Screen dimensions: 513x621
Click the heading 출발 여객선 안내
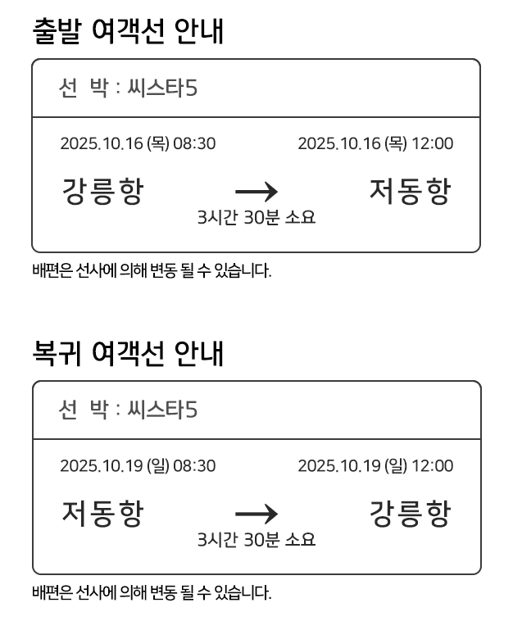click(x=128, y=31)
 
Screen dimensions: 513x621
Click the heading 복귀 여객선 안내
click(x=128, y=353)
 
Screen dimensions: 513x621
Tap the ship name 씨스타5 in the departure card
click(x=162, y=88)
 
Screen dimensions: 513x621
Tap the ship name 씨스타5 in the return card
click(x=162, y=410)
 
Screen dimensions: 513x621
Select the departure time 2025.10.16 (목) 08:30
click(x=138, y=143)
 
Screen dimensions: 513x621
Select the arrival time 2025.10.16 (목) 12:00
click(x=375, y=143)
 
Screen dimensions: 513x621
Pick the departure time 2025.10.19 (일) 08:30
click(x=138, y=465)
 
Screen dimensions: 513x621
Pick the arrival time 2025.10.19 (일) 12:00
click(x=375, y=465)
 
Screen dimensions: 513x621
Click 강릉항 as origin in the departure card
click(x=102, y=191)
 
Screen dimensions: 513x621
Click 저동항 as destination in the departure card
click(x=410, y=191)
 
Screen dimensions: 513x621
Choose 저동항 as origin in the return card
click(x=102, y=514)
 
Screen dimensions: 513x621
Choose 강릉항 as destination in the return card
click(x=410, y=514)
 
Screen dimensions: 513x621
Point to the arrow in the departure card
click(x=256, y=192)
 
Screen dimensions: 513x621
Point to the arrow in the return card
click(x=256, y=514)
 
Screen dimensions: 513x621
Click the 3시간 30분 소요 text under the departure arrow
click(x=256, y=217)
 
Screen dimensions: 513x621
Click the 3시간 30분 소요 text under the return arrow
click(x=256, y=539)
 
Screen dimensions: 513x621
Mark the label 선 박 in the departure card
click(x=84, y=88)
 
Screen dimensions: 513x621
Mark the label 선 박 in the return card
click(x=84, y=410)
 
